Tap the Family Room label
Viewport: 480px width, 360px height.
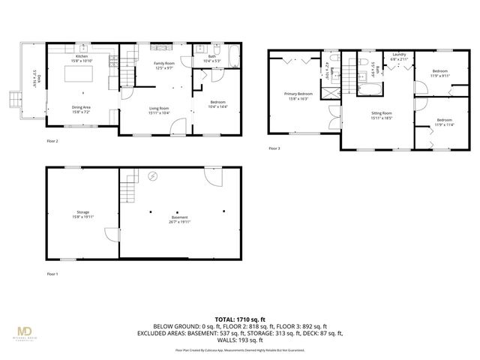[x=164, y=64]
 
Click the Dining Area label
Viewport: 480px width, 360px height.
[x=81, y=107]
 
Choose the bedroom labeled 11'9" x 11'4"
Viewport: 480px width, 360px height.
[x=444, y=122]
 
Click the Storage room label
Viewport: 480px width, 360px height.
[x=81, y=213]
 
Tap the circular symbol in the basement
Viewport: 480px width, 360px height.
[x=153, y=176]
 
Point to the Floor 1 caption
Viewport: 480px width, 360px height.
[x=52, y=274]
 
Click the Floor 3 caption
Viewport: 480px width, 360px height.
[x=274, y=148]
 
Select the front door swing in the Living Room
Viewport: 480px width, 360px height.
[x=178, y=127]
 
